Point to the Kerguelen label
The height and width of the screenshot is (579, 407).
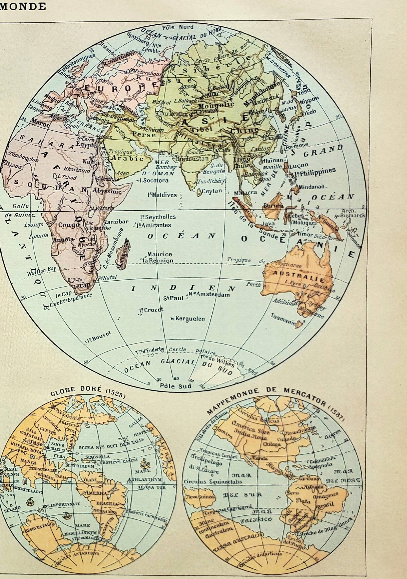(x=188, y=319)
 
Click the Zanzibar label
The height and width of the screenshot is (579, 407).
(x=116, y=222)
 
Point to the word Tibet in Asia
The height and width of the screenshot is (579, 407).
(x=198, y=129)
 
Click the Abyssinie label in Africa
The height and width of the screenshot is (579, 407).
(x=107, y=191)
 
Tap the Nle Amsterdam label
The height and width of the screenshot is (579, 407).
(x=209, y=294)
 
